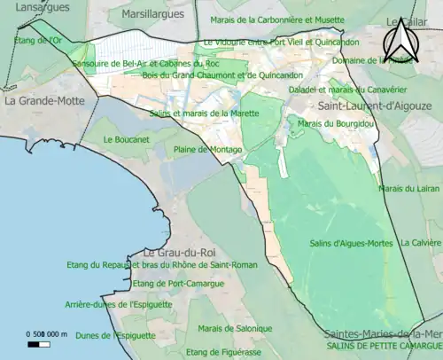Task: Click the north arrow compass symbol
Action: (400, 40)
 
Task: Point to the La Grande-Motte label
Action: (43, 101)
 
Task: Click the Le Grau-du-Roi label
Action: (172, 254)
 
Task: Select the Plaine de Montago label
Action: (207, 150)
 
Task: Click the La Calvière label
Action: (421, 242)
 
